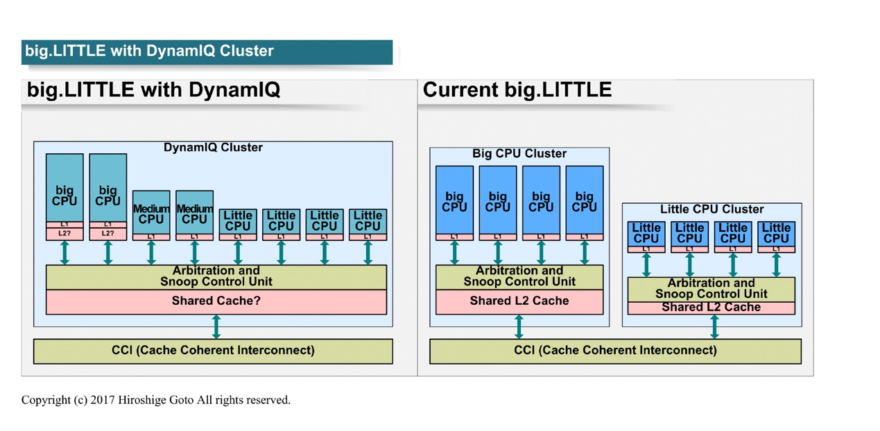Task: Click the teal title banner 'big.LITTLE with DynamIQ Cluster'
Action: [x=207, y=52]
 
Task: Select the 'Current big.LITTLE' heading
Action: [x=517, y=89]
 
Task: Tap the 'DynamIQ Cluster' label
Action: [x=213, y=147]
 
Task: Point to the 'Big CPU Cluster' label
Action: [x=519, y=153]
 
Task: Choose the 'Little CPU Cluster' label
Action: [x=712, y=209]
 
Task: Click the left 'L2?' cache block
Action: [x=64, y=234]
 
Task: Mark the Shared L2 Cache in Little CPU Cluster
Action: [x=711, y=308]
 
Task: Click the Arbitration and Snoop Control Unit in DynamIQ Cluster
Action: [x=216, y=277]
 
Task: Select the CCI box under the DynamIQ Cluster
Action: [x=213, y=351]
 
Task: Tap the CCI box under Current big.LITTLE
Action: [x=615, y=351]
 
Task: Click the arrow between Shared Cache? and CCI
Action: [x=216, y=326]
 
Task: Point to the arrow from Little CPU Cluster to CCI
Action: [x=714, y=326]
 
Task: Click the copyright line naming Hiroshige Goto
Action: [x=156, y=400]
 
